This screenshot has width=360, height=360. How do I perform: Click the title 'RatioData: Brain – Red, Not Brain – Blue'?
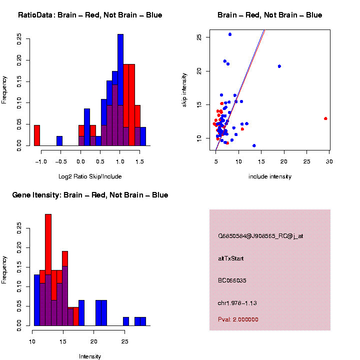[x=90, y=15]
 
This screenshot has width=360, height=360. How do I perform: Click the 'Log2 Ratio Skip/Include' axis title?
[x=90, y=176]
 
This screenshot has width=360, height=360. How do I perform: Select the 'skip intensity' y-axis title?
[x=184, y=89]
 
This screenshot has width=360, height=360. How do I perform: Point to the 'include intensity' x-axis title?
[x=270, y=176]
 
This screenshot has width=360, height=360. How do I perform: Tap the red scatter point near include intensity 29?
[x=325, y=118]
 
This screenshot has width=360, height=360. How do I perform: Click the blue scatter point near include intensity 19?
[x=279, y=66]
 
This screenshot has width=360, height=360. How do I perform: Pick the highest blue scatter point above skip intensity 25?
[x=230, y=34]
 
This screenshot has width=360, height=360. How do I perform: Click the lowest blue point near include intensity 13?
[x=254, y=145]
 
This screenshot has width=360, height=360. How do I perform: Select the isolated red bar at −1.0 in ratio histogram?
[x=37, y=135]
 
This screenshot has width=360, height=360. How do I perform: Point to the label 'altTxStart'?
[x=231, y=258]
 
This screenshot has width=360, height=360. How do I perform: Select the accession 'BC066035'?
[x=232, y=280]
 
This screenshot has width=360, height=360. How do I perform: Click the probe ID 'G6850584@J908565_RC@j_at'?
[x=260, y=236]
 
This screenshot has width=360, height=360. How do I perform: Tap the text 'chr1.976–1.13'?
[x=237, y=303]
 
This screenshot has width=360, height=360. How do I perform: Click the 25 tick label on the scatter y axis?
[x=199, y=37]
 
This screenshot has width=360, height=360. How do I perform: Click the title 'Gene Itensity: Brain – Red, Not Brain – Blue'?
[x=90, y=195]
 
